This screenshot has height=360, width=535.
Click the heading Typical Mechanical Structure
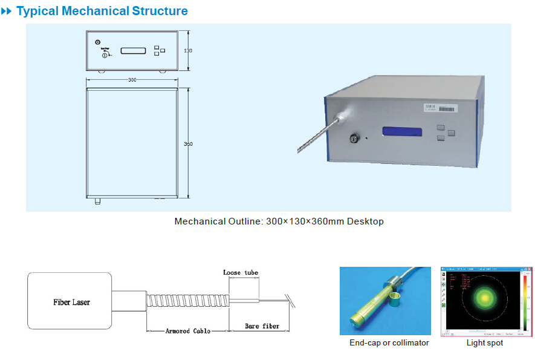point(102,11)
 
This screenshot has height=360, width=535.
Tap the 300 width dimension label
point(132,80)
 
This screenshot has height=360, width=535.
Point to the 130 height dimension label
point(188,51)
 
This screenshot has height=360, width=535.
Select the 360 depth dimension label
point(188,144)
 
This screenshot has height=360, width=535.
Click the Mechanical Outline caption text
point(279,221)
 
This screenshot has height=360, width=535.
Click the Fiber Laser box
point(71,302)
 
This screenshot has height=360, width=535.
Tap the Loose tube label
point(241,273)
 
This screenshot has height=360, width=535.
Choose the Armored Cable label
point(189,331)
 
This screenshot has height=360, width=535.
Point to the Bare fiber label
point(262,327)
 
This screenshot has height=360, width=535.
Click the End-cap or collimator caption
point(389,343)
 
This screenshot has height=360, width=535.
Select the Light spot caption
point(484,343)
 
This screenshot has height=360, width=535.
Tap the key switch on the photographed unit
point(353,139)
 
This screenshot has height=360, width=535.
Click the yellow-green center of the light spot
point(484,298)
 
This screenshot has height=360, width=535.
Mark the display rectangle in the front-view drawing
point(134,50)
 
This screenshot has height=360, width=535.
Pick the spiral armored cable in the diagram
point(187,301)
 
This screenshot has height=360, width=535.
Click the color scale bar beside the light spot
point(525,301)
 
